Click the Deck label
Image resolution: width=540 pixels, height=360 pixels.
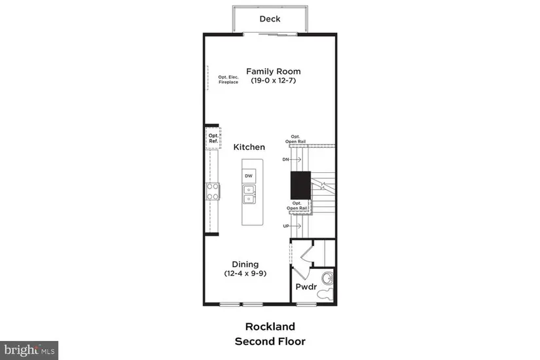coord(270,19)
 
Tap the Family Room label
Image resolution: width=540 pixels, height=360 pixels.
coord(274,71)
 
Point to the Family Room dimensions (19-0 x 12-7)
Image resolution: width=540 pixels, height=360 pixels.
coord(274,81)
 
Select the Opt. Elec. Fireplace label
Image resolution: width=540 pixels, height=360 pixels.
coord(228,80)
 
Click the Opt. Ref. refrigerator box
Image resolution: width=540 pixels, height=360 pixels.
coord(213,138)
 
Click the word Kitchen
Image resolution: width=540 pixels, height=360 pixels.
coord(249,147)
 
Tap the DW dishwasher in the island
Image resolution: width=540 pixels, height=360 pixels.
coord(249,176)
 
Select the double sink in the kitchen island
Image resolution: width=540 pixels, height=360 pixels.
coord(249,194)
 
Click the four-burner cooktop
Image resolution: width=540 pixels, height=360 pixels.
coord(213,192)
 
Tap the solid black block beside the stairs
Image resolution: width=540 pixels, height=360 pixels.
coord(300,185)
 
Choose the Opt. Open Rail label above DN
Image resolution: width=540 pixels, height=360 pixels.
coord(295,139)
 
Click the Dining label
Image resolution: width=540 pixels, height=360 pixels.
coord(245,264)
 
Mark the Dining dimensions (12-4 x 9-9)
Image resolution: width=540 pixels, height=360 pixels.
coord(245,274)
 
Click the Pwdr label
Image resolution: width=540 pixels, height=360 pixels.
coord(306,287)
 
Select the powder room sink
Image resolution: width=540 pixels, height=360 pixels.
coord(327,278)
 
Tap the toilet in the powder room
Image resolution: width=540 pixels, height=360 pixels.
coord(325,295)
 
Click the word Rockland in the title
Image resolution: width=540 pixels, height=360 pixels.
coord(270,326)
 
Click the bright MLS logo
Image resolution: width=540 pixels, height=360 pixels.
coord(29,350)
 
